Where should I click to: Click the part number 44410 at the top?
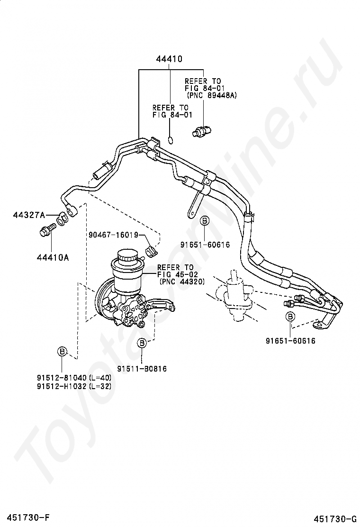click(x=169, y=59)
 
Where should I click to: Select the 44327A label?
click(x=29, y=215)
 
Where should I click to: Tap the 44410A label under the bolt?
click(x=53, y=257)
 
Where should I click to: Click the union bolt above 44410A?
click(x=47, y=228)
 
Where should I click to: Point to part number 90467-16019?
click(x=114, y=235)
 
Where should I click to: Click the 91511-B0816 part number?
click(x=142, y=369)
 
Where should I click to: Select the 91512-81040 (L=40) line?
click(x=74, y=377)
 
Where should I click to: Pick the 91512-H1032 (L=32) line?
click(x=74, y=386)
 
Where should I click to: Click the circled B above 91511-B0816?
click(x=142, y=343)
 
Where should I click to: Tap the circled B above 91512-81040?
click(x=62, y=352)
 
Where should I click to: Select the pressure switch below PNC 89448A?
click(x=201, y=131)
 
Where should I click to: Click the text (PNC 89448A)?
click(x=212, y=95)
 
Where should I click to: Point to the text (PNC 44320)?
click(x=182, y=282)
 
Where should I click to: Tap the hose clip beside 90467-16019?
click(x=152, y=251)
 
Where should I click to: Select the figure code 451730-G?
click(x=335, y=518)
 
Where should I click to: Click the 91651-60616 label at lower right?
click(x=291, y=341)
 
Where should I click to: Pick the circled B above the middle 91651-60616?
click(x=205, y=221)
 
